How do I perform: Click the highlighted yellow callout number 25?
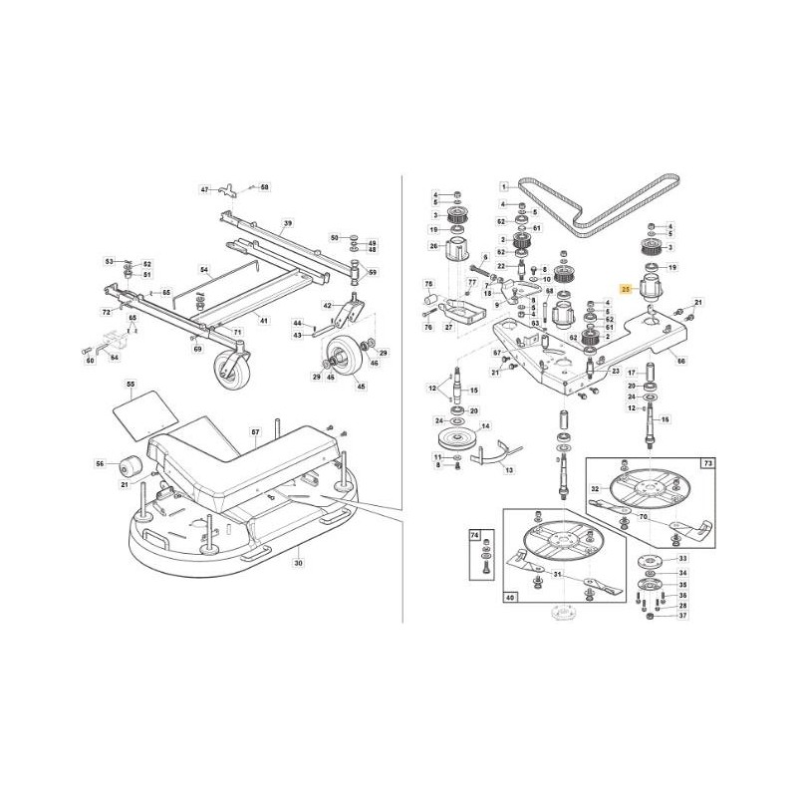click(625, 288)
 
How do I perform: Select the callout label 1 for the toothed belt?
click(505, 185)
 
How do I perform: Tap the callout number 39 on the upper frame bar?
click(288, 224)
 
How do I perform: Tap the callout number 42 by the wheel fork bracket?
click(328, 306)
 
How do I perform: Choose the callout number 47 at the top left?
click(205, 189)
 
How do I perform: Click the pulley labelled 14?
click(461, 441)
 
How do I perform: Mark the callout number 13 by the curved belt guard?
click(509, 469)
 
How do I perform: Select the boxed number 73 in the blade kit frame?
click(708, 464)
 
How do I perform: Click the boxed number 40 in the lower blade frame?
click(510, 599)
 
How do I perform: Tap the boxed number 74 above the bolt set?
click(475, 535)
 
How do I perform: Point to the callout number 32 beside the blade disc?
click(595, 488)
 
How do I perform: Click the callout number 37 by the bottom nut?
click(682, 616)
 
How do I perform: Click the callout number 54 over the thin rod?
click(204, 270)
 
